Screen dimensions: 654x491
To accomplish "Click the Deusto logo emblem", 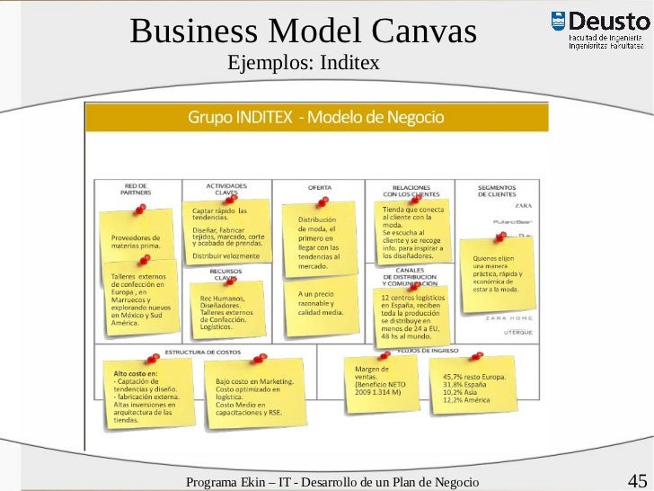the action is [x=558, y=22].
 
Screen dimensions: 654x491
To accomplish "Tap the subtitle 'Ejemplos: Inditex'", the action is [x=304, y=63].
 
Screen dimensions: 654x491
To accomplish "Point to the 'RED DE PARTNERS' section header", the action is [x=136, y=190].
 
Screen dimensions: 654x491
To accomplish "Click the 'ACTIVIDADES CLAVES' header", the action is [x=226, y=190].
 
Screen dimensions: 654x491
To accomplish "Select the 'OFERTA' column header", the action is [x=320, y=187].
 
